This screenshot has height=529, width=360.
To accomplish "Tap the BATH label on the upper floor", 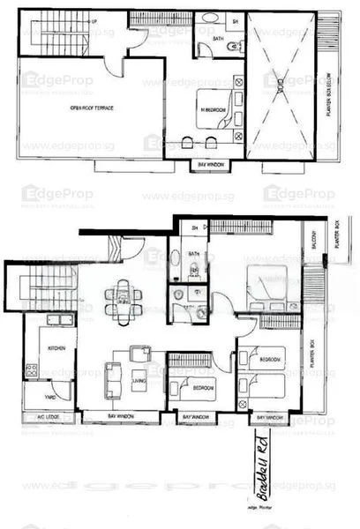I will pyautogui.click(x=206, y=39).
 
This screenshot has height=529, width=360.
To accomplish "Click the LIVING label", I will pyautogui.click(x=139, y=381).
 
